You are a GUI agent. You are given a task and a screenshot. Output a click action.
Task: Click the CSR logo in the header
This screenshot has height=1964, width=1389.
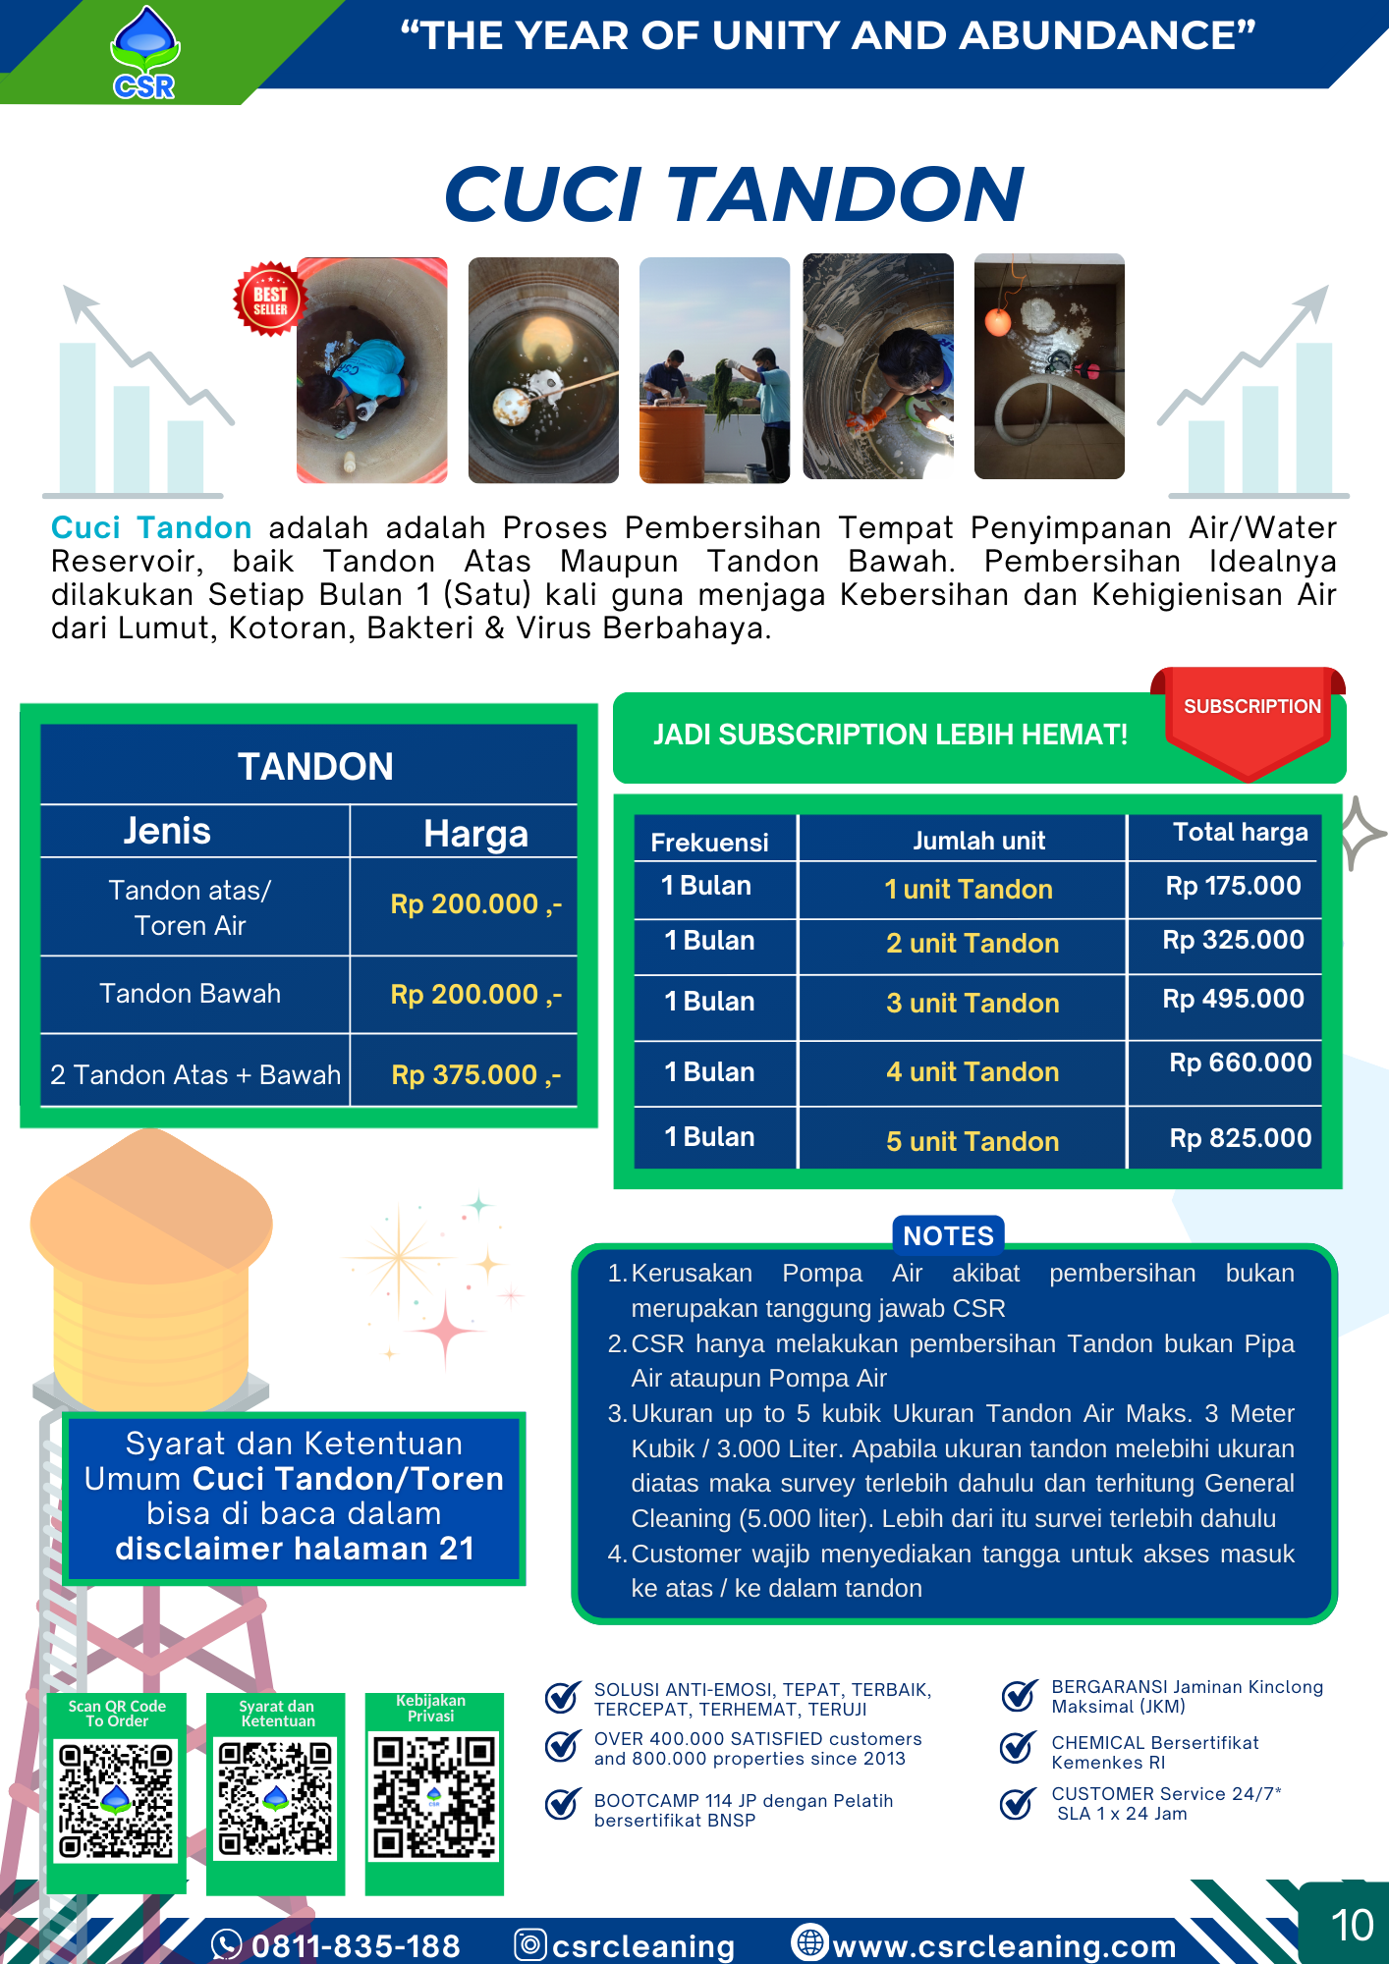(x=144, y=53)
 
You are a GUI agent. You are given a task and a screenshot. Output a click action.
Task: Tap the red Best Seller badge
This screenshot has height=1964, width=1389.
(x=269, y=300)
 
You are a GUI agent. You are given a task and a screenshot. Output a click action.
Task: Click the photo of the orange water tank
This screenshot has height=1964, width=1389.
(x=714, y=370)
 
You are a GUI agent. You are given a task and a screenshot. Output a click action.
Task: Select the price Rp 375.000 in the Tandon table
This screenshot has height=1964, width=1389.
(x=475, y=1074)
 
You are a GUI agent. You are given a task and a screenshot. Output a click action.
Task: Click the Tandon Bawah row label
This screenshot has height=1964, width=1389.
(x=191, y=994)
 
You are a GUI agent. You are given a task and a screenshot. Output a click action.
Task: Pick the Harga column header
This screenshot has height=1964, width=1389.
(x=475, y=834)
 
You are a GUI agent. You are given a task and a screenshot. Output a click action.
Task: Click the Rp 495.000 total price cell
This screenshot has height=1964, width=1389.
(x=1233, y=999)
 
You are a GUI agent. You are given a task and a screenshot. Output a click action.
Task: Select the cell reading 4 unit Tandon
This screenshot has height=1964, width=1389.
(x=972, y=1071)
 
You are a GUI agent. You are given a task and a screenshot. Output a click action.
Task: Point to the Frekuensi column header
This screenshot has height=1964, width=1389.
(x=709, y=842)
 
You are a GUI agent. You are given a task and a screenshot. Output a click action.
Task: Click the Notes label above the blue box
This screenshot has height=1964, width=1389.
(x=948, y=1235)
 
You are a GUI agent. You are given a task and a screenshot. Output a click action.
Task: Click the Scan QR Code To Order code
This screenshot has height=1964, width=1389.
(x=116, y=1800)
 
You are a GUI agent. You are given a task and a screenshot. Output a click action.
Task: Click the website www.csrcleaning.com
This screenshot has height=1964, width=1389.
(x=1003, y=1945)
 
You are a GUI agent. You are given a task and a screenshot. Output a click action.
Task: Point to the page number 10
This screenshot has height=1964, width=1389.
(x=1351, y=1926)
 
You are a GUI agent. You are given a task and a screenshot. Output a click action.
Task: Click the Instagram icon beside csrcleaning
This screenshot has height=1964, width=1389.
(x=530, y=1944)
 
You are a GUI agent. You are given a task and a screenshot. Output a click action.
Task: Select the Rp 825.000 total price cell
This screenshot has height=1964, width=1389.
(x=1240, y=1137)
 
